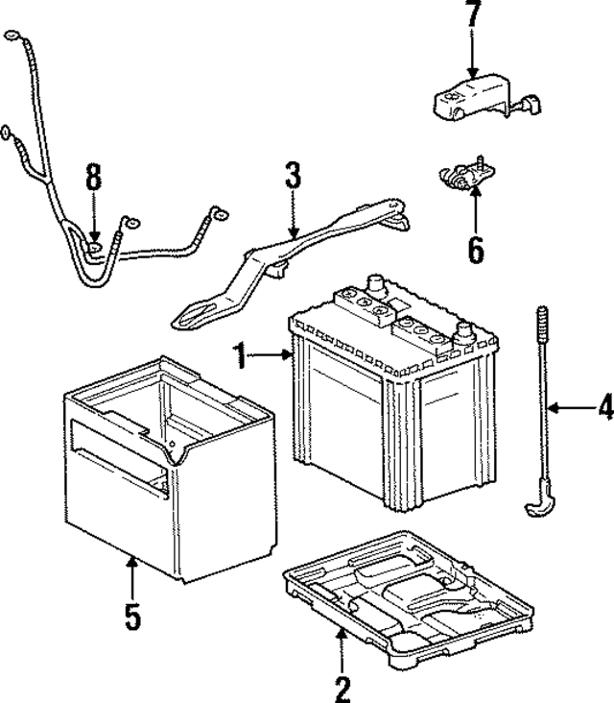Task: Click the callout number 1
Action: pyautogui.click(x=239, y=358)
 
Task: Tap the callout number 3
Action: pyautogui.click(x=293, y=177)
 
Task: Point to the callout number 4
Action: pyautogui.click(x=603, y=409)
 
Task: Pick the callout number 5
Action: pyautogui.click(x=132, y=615)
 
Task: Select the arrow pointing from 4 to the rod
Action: pyautogui.click(x=571, y=410)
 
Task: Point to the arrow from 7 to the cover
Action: pyautogui.click(x=471, y=58)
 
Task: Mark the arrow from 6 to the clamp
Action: pyautogui.click(x=475, y=206)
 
